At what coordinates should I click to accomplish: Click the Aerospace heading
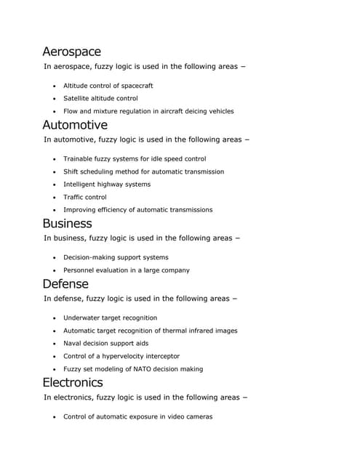tap(71, 52)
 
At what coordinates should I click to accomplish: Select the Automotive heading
tap(74, 125)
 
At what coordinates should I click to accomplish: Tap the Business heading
tap(67, 223)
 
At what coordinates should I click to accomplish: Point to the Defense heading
tap(65, 283)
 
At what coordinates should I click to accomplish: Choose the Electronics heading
tap(72, 382)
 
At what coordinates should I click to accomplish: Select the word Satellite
tap(78, 98)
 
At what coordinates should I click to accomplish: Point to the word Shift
tap(71, 171)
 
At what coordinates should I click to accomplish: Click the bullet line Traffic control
tap(84, 197)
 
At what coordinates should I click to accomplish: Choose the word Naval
tap(73, 343)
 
